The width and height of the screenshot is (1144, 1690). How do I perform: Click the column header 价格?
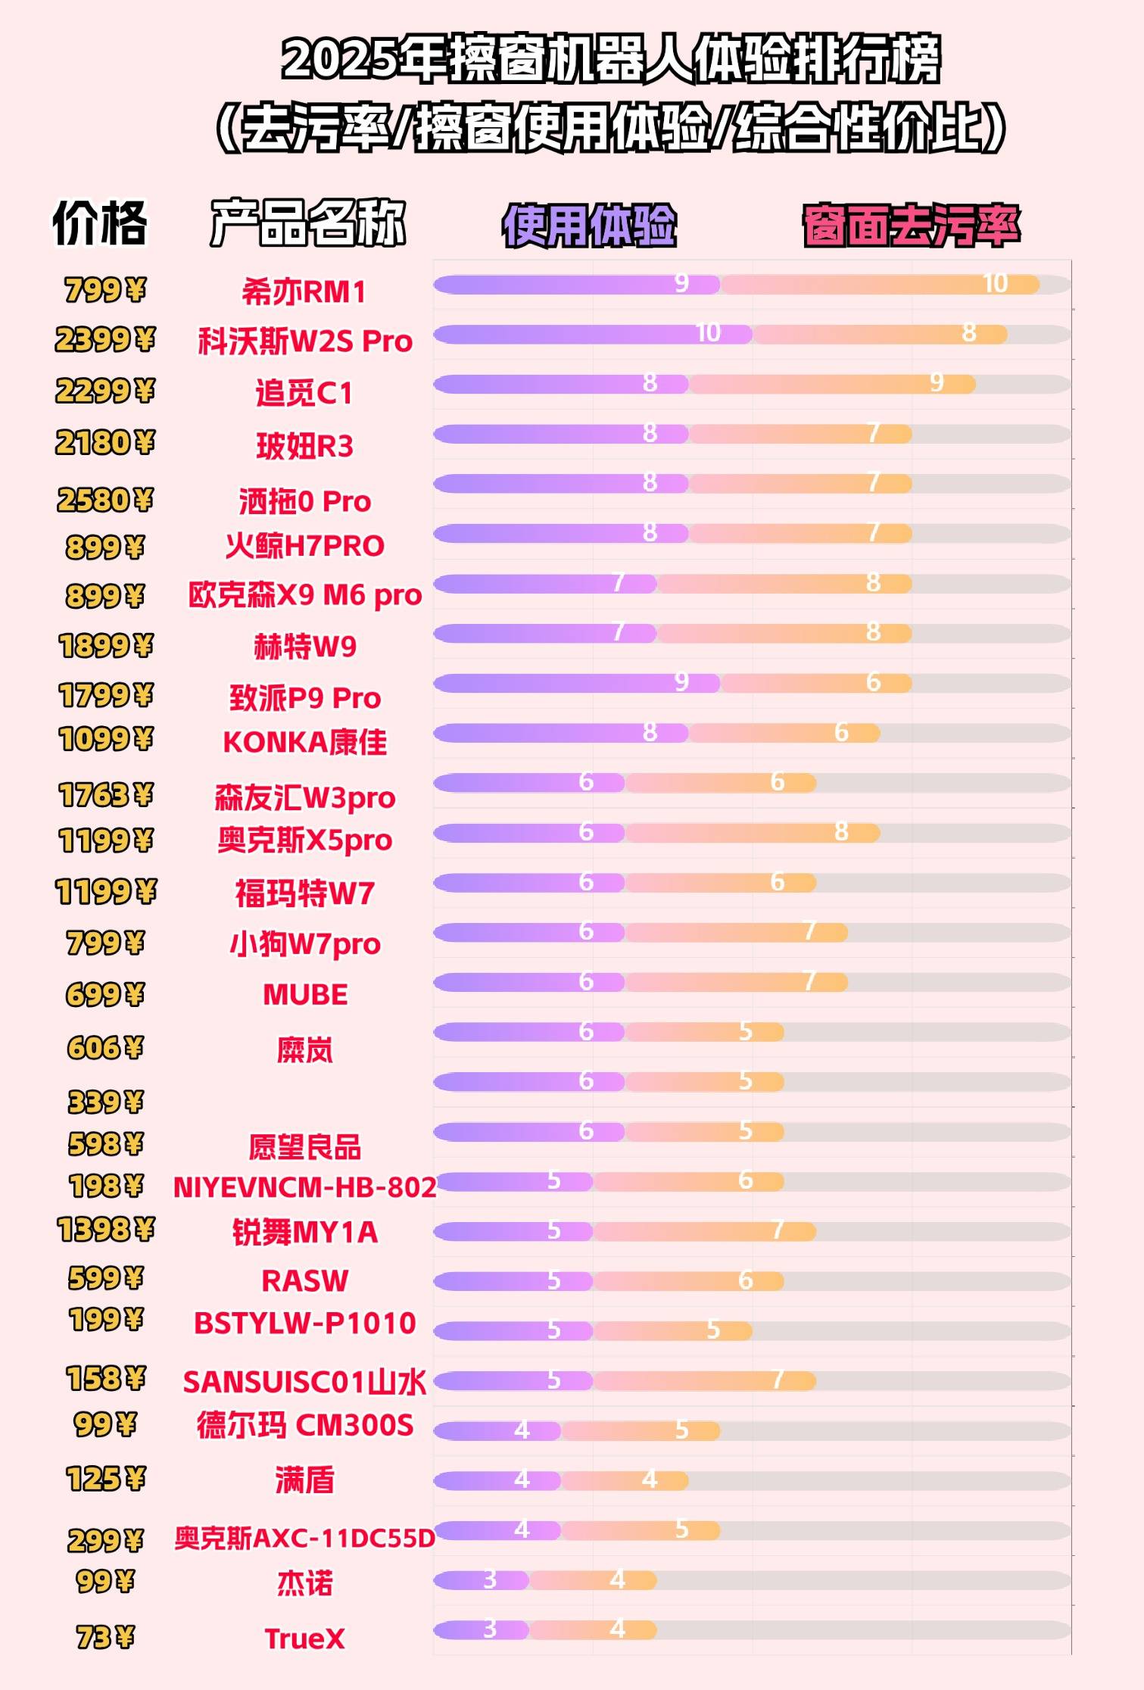(99, 223)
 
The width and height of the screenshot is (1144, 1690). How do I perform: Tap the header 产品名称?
(307, 223)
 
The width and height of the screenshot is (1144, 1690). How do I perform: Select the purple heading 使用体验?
(588, 226)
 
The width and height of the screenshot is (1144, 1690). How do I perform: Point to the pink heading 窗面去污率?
(911, 226)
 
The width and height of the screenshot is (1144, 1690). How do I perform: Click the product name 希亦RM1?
(304, 292)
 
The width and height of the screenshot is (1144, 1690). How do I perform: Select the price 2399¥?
(104, 340)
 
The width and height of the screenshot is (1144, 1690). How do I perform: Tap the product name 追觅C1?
(304, 393)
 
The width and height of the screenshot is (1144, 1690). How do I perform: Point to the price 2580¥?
(104, 500)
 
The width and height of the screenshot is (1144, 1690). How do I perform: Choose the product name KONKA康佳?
(304, 742)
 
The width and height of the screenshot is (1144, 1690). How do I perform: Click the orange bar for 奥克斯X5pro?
(752, 833)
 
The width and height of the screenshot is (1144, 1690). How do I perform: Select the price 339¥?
(104, 1102)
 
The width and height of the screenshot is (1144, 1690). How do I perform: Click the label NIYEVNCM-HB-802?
(304, 1187)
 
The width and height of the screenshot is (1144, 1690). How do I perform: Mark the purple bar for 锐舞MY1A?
(513, 1232)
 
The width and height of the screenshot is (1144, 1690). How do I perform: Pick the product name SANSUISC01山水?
(304, 1382)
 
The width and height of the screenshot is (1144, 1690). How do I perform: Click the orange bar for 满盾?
(625, 1480)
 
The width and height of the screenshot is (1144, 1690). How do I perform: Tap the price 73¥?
(104, 1638)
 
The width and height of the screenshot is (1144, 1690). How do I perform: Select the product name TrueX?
(304, 1639)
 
